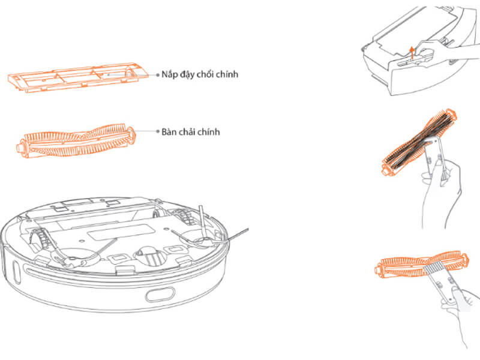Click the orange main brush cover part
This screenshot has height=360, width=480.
tap(78, 79)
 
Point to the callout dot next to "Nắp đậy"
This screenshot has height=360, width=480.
tap(158, 75)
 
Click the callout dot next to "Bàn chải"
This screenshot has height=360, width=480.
tap(158, 131)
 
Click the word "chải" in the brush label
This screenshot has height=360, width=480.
tap(196, 131)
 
